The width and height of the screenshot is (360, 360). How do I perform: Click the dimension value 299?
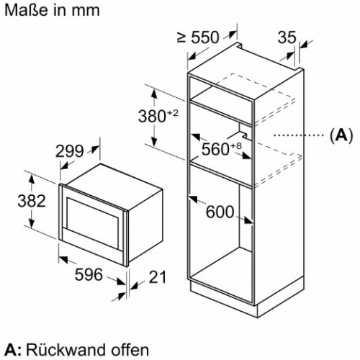point(69,151)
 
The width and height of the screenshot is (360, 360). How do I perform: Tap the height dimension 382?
point(32,201)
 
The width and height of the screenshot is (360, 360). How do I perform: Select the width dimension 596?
point(89,274)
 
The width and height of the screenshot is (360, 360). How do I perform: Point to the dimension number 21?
point(158,277)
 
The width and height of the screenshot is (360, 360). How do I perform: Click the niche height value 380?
point(152,116)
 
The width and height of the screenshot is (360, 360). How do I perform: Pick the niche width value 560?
point(215,149)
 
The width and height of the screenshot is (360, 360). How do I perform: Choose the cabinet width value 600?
point(220,212)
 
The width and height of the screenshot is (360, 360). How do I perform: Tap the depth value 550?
point(205,37)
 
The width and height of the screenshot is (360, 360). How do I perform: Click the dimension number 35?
point(287,37)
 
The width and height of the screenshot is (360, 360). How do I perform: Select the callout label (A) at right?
point(341,135)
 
